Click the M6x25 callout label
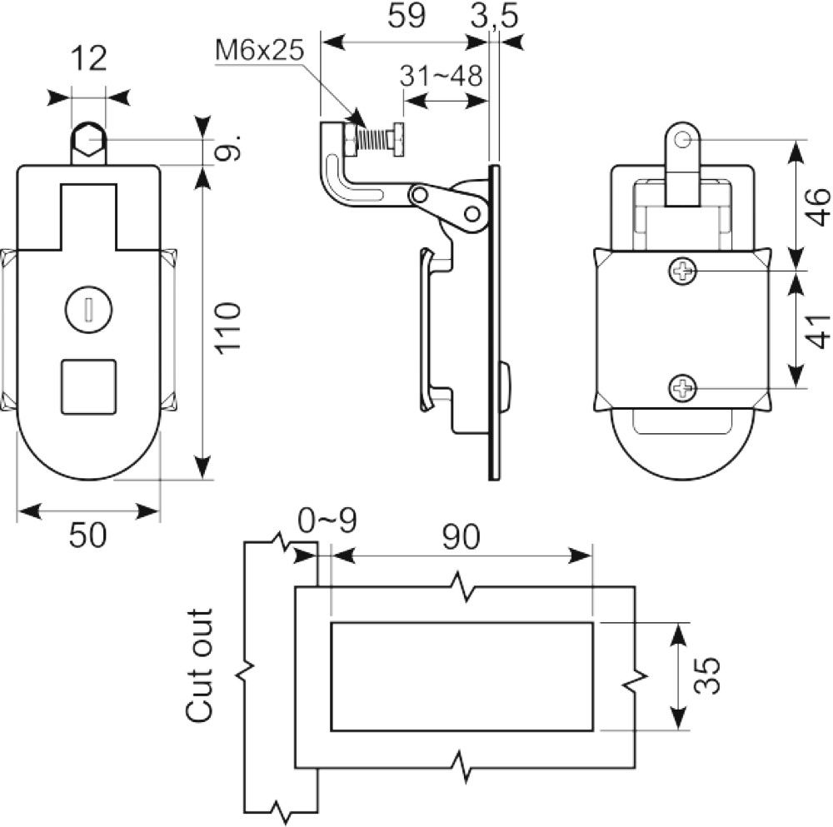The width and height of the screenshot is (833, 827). coord(259,51)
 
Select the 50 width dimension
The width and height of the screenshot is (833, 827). coord(87,535)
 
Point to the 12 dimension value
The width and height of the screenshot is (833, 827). coord(88,58)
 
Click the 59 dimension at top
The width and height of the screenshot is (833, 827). coord(407,15)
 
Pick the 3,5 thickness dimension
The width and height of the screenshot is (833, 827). coord(494,16)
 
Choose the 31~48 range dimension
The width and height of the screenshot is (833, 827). coord(441,76)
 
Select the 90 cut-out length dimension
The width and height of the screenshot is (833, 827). coord(461,536)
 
